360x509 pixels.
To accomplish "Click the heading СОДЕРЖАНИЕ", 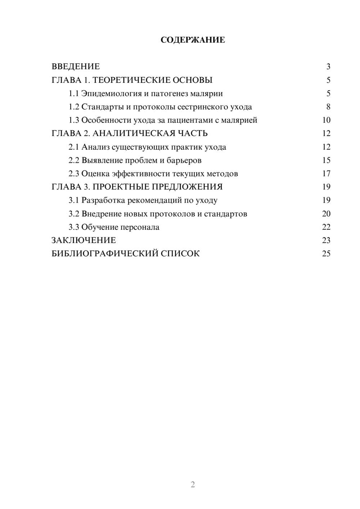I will tap(193, 40).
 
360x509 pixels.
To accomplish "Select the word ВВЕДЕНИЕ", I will tap(76, 67).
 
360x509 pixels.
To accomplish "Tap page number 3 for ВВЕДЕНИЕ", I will tap(328, 67).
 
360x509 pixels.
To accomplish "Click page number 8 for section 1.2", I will tap(328, 107).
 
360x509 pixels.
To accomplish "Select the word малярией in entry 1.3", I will tap(241, 120).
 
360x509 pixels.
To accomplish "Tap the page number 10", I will tap(326, 120).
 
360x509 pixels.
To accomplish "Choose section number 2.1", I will tap(74, 147).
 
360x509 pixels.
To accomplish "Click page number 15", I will tap(326, 160).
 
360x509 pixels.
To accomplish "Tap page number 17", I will tap(326, 174).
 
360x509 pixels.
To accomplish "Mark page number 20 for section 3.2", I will tap(326, 214).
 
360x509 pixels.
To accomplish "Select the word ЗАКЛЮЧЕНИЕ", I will tap(84, 240).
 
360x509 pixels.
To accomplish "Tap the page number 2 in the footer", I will tap(193, 485).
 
